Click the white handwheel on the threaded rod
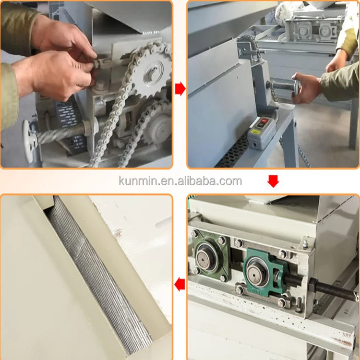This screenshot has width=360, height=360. click(29, 141)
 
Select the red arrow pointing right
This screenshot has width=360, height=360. click(180, 89)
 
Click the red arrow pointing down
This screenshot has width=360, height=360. click(273, 181)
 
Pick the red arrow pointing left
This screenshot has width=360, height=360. click(180, 285)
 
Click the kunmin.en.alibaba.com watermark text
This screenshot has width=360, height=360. click(180, 181)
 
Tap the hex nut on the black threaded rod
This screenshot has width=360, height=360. click(313, 286)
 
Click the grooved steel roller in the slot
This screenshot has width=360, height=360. click(98, 273)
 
